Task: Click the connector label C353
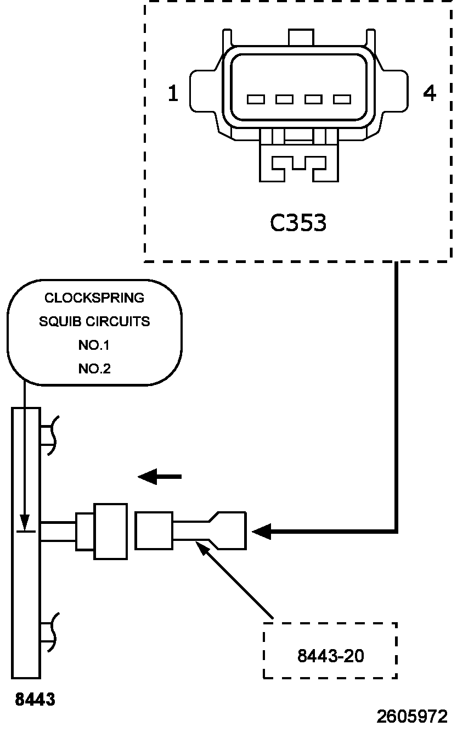tap(298, 223)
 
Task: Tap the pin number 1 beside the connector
tap(173, 93)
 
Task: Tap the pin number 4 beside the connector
tap(429, 93)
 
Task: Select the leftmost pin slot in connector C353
tap(256, 99)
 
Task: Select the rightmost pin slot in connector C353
tap(342, 99)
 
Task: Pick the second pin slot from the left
tap(284, 99)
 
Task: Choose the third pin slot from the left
tap(313, 99)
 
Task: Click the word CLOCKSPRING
tap(94, 298)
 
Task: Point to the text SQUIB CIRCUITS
tap(94, 322)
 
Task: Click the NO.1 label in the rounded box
tap(94, 345)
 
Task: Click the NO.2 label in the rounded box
tap(94, 368)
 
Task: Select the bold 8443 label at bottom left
tap(35, 699)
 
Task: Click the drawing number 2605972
tap(412, 717)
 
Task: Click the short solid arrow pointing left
tap(160, 477)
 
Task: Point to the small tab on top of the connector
tap(301, 37)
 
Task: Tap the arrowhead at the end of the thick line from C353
tap(262, 531)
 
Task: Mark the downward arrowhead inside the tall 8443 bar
tap(25, 522)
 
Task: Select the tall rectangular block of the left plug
tap(111, 532)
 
